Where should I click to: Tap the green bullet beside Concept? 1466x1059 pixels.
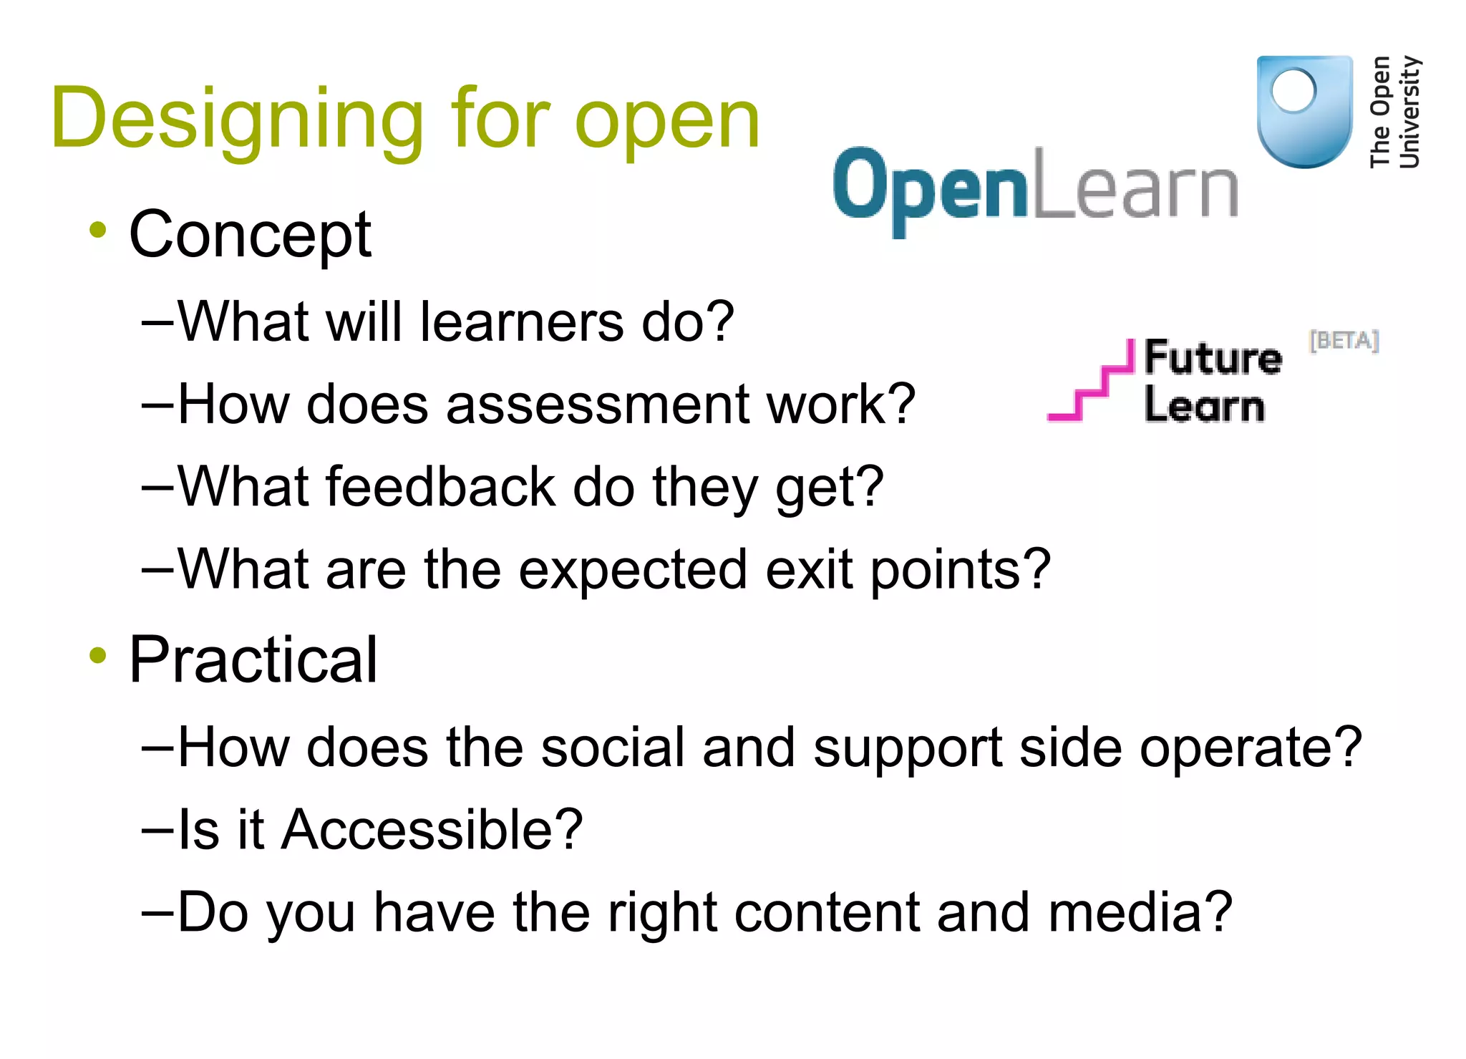point(98,231)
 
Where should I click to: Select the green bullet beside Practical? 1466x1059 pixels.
point(98,655)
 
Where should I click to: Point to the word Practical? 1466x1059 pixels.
point(253,660)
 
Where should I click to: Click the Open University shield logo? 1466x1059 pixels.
point(1304,111)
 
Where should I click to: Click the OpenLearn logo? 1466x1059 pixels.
point(1035,188)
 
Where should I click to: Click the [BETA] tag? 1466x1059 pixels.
point(1344,341)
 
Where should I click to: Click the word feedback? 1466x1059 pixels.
point(440,487)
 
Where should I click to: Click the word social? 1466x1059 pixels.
point(613,748)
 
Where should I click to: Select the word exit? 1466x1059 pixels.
point(809,569)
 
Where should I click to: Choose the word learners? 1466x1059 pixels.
point(522,322)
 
